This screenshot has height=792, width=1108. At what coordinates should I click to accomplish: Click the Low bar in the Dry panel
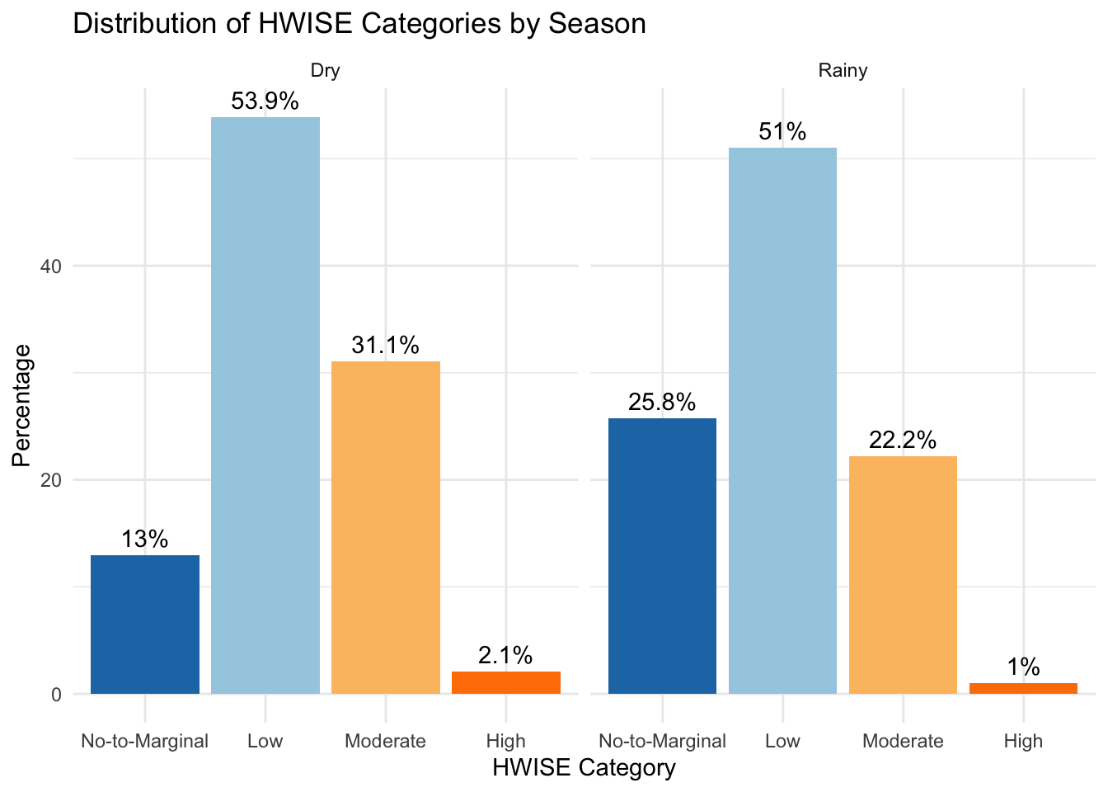[265, 405]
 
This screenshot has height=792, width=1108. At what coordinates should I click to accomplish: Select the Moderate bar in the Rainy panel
[903, 575]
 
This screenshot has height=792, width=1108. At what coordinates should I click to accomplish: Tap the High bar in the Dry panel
[506, 683]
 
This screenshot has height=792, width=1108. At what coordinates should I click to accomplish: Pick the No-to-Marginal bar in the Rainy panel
[662, 556]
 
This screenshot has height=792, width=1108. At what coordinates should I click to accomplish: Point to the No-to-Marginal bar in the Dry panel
[145, 625]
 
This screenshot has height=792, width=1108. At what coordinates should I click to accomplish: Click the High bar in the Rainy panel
[1023, 688]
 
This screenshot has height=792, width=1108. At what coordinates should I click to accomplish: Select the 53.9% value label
[265, 101]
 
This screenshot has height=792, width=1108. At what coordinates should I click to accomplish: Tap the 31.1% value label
[385, 346]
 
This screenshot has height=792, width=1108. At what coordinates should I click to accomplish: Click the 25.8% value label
[662, 403]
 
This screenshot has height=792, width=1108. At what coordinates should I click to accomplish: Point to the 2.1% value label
[505, 656]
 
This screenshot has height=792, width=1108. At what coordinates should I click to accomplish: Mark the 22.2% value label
[903, 441]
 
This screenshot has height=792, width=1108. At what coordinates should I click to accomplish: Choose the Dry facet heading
[325, 71]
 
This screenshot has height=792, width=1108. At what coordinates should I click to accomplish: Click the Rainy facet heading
[843, 71]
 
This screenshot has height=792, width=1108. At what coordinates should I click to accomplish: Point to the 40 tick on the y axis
[51, 266]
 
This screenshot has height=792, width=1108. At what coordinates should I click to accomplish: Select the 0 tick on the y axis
[57, 695]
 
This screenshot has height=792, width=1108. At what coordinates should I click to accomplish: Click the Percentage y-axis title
[22, 405]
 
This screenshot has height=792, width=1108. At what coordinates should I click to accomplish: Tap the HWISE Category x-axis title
[584, 768]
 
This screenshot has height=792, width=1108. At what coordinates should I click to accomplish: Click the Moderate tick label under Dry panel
[385, 741]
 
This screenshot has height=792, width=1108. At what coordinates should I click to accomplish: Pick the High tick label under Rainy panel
[1023, 741]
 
